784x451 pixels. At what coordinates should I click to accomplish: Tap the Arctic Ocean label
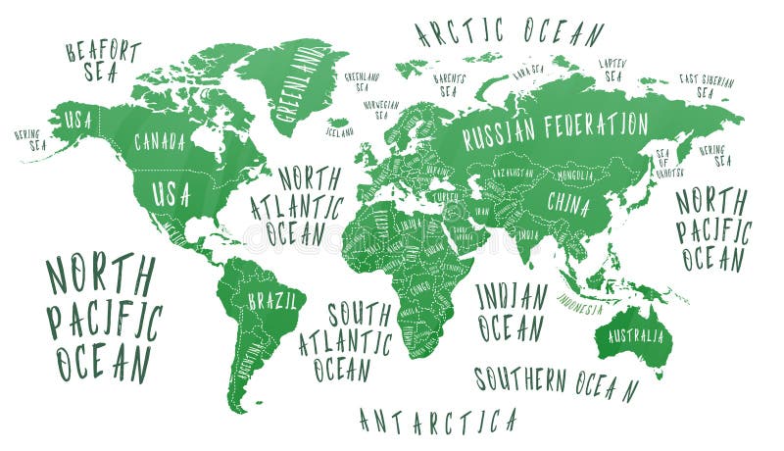pos(509,31)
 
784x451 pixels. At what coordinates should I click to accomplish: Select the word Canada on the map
pos(160,142)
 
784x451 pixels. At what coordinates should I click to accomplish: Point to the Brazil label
pos(271,301)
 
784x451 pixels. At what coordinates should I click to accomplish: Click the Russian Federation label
pos(555,125)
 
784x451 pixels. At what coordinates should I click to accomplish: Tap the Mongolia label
pos(575,175)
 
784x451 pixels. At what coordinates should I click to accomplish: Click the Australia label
pos(635,336)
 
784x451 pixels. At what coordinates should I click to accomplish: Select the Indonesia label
pos(582,305)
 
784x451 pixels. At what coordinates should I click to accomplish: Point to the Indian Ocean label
pos(512,312)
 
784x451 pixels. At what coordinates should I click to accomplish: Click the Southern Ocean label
pos(556,381)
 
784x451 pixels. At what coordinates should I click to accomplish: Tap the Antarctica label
pos(438,421)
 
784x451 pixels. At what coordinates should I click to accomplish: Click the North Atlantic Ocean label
pos(298,206)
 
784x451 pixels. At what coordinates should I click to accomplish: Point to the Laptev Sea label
pos(612,70)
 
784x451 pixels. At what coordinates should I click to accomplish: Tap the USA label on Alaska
pos(77,122)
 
